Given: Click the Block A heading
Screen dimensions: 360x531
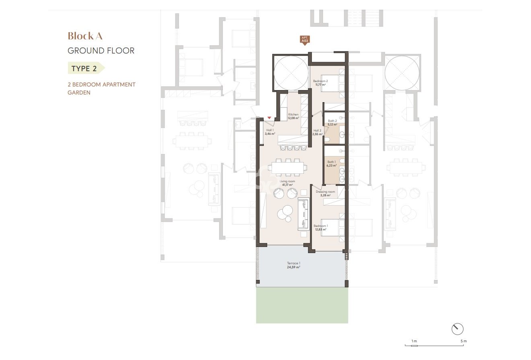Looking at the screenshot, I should pos(85,36).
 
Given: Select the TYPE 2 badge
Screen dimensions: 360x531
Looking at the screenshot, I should pos(84,68).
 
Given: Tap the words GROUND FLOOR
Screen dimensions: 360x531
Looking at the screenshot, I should pos(101,51).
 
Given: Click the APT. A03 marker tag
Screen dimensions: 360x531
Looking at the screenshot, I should pos(305,40).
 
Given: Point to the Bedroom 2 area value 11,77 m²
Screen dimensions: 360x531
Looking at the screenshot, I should pos(320,85).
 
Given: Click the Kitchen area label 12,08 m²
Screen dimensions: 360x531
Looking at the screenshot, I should pos(293,118).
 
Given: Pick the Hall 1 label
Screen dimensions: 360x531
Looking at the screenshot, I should pos(270,130).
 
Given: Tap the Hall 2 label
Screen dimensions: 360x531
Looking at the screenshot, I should pos(317,130).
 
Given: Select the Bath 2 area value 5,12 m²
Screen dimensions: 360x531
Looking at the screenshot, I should pos(332,124).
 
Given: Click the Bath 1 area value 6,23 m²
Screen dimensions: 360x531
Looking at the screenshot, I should pos(331,165).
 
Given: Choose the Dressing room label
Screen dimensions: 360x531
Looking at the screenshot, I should pos(325,192).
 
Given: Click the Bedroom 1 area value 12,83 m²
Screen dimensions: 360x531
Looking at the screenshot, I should pos(321,229).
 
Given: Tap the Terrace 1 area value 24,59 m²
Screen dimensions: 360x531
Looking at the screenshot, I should pos(294,267).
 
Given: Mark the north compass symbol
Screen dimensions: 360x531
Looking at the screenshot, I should pos(457,329).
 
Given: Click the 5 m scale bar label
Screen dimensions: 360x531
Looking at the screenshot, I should pos(463,341).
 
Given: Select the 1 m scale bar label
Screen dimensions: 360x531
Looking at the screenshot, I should pos(414,341).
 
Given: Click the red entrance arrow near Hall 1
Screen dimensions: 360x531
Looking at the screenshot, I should pos(269,118).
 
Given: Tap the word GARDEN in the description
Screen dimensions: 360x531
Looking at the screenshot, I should pos(79,93).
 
